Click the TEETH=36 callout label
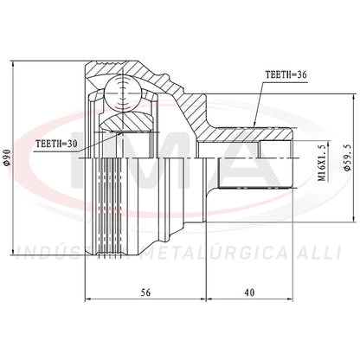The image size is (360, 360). tap(286, 74)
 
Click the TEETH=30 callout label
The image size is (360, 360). tap(56, 144)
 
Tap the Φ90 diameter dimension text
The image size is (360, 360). tap(8, 157)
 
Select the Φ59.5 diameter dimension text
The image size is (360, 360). tap(348, 157)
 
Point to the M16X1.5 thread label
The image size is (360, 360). tap(323, 162)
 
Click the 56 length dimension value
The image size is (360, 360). tap(145, 292)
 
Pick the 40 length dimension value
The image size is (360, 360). tap(249, 292)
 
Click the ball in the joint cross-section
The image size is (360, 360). tap(123, 93)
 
